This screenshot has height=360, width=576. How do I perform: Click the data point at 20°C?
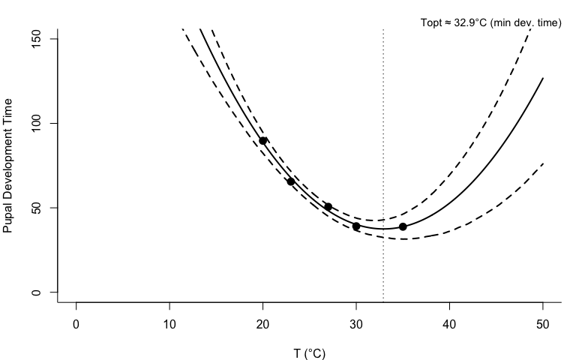(263, 141)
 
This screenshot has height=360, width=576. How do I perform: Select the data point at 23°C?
(291, 181)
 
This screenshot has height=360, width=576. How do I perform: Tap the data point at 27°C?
(328, 207)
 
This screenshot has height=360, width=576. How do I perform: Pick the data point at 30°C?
(356, 226)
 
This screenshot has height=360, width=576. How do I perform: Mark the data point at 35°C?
(403, 226)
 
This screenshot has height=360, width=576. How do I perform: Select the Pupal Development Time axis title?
(9, 165)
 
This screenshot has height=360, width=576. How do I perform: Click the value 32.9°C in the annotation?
(469, 23)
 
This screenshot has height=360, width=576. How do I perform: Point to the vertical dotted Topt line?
(383, 150)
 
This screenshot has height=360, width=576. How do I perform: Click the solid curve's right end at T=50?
(542, 78)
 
